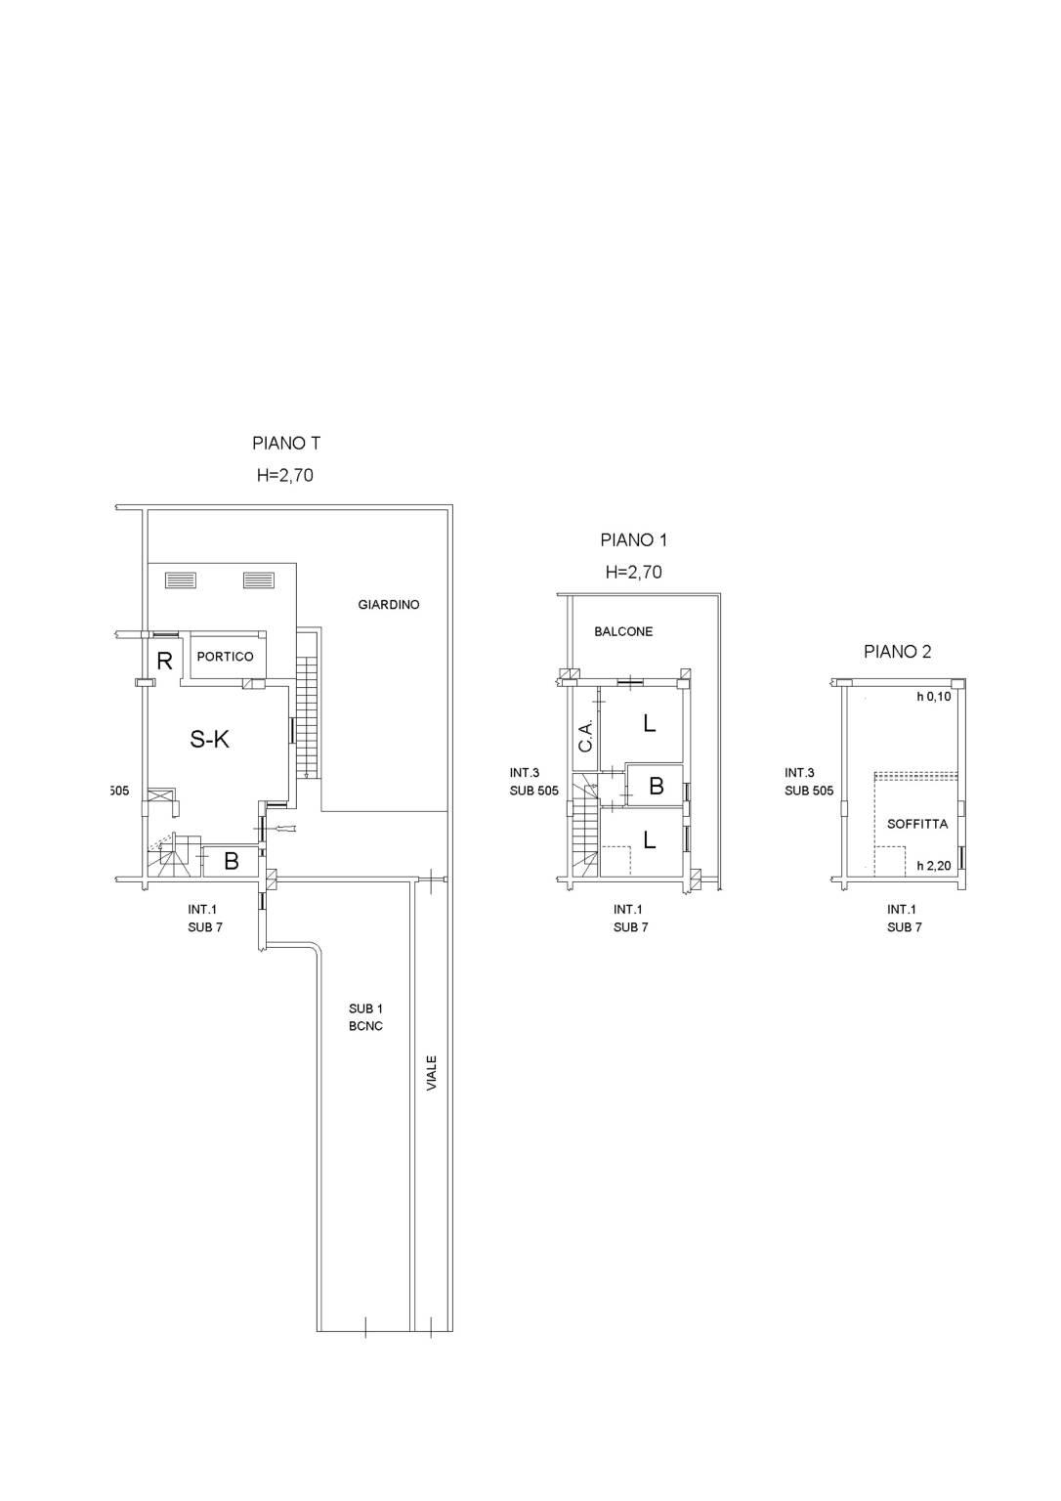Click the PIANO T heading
tap(286, 444)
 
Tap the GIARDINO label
tap(389, 605)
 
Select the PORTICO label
tap(225, 657)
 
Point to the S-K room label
tap(210, 739)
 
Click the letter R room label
tap(164, 662)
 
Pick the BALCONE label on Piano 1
tap(623, 631)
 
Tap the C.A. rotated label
tap(586, 736)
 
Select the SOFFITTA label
tap(917, 824)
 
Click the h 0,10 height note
tap(934, 697)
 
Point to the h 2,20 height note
tap(934, 866)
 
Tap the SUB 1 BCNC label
tap(365, 1017)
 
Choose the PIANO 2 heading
tap(897, 652)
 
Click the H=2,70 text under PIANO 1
tap(634, 572)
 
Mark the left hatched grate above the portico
tap(181, 580)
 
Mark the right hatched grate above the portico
tap(259, 580)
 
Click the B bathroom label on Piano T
tap(232, 861)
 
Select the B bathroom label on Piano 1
tap(657, 786)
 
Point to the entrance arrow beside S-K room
tap(285, 831)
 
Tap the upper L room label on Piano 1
tap(649, 723)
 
